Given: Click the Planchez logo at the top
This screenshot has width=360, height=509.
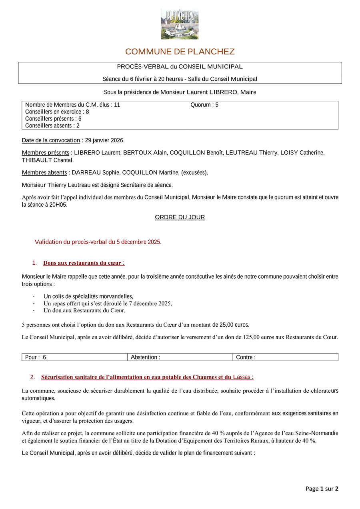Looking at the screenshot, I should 180,24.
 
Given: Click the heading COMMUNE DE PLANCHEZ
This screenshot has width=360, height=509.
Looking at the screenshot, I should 180,52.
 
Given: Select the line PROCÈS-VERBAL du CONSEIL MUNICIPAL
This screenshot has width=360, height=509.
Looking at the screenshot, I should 180,67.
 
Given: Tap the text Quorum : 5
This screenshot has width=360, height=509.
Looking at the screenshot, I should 204,105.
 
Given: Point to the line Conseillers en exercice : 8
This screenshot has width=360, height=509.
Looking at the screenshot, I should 57,112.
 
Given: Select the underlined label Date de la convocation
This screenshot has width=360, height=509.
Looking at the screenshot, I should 51,140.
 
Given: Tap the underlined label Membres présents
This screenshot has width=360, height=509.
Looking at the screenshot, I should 45,153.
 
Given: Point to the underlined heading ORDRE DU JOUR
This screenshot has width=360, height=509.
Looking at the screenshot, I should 180,217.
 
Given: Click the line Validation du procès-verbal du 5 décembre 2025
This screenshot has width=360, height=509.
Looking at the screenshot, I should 98,242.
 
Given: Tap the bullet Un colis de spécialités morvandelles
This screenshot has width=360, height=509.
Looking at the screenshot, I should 88,296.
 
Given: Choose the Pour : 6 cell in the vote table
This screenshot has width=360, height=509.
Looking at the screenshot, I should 74,357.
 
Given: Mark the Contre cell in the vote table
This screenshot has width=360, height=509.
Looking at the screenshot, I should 285,357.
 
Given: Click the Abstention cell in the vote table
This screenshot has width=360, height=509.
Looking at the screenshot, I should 180,357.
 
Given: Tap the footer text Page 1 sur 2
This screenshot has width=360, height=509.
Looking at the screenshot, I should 322,489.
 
